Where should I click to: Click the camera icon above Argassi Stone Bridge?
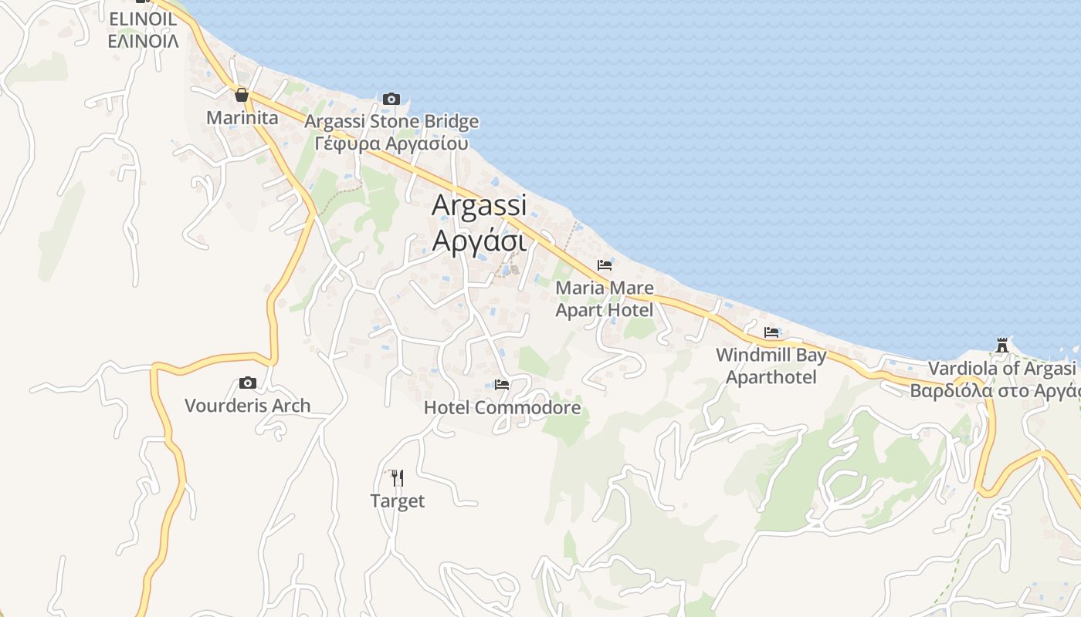pyautogui.click(x=391, y=99)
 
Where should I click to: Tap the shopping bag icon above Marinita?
pyautogui.click(x=242, y=95)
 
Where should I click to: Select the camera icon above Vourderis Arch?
pyautogui.click(x=248, y=383)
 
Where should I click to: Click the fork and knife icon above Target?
pyautogui.click(x=397, y=478)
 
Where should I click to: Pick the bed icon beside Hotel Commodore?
pyautogui.click(x=502, y=384)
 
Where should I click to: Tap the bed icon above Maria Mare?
pyautogui.click(x=605, y=265)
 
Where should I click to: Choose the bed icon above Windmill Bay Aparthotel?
pyautogui.click(x=771, y=332)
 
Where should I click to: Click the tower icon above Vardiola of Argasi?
pyautogui.click(x=1002, y=345)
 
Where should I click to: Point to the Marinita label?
pyautogui.click(x=242, y=118)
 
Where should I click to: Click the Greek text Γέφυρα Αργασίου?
pyautogui.click(x=391, y=143)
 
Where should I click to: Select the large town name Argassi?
pyautogui.click(x=479, y=205)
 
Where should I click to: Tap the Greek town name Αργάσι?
pyautogui.click(x=479, y=241)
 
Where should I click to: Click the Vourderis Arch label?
pyautogui.click(x=247, y=405)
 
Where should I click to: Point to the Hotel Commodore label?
pyautogui.click(x=502, y=407)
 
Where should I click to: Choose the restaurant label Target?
pyautogui.click(x=397, y=501)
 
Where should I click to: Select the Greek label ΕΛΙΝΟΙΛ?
pyautogui.click(x=144, y=41)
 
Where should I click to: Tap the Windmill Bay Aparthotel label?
pyautogui.click(x=771, y=366)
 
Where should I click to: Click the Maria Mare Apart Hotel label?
pyautogui.click(x=605, y=299)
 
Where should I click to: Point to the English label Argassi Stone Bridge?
pyautogui.click(x=391, y=122)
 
